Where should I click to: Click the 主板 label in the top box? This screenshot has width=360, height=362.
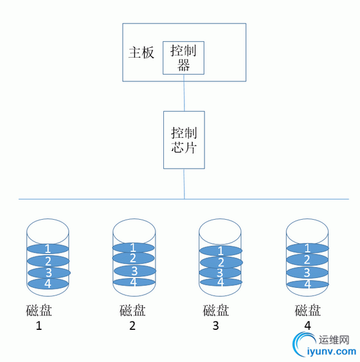point(142,52)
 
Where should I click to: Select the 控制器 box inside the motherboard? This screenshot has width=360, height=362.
point(184,58)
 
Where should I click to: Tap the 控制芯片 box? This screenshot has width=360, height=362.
point(184,140)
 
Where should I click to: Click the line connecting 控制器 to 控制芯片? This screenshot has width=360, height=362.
point(184,92)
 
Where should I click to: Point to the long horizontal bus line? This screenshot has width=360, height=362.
point(98,199)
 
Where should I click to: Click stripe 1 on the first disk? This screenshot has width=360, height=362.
point(47,249)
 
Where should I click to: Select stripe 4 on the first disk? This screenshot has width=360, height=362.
point(47,283)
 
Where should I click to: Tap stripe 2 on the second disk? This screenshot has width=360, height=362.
point(134,258)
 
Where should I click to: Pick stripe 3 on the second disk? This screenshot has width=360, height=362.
point(134,270)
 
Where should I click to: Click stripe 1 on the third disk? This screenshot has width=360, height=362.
point(220,251)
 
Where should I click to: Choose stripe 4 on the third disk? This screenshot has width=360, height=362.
point(220,282)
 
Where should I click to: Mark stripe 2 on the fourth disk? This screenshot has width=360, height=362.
point(308,260)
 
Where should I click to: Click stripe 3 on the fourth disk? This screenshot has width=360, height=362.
point(308,272)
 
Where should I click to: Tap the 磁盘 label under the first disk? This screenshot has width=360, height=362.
point(47,310)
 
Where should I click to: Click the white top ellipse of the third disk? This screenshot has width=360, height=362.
point(220,229)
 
